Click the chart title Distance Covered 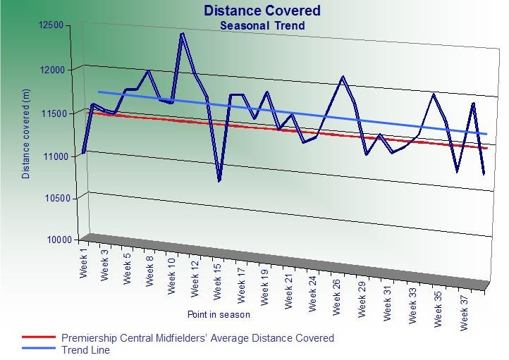coord(262,11)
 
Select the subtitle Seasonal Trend coord(262,26)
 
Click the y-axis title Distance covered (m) coord(27,135)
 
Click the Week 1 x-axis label coord(84,261)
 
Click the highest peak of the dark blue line coord(183,33)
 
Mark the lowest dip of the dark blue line coord(219,181)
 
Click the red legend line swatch coord(39,338)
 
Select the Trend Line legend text coord(85,349)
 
